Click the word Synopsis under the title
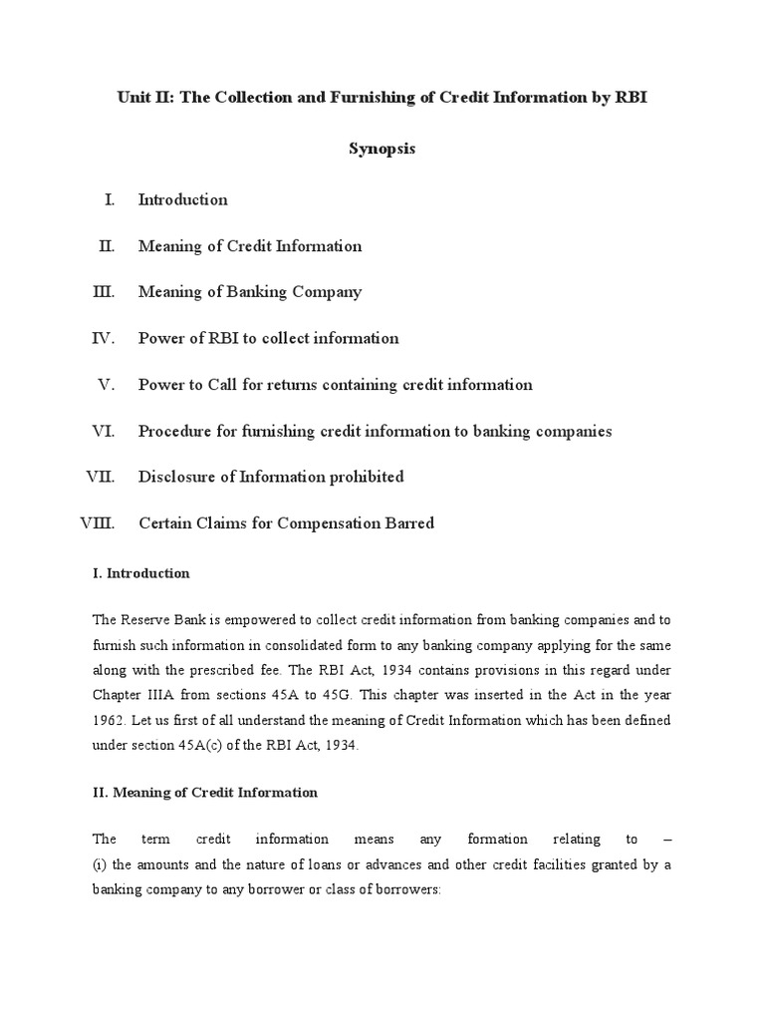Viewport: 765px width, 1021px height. coord(382,149)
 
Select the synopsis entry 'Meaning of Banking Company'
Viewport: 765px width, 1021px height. coord(250,292)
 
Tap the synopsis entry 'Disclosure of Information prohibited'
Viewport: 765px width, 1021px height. coord(271,477)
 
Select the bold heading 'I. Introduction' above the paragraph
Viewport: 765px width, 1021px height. coord(140,574)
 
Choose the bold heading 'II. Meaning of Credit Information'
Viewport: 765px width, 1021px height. coord(205,793)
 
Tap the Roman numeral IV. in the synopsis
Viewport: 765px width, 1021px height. coord(104,338)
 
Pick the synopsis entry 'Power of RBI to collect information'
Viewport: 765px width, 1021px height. coord(268,338)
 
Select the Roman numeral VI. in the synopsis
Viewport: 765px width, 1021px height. coord(104,431)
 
